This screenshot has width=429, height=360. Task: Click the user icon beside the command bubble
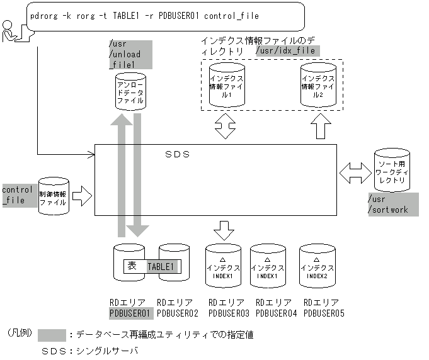12,31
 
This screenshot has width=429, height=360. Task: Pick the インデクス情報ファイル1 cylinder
226,86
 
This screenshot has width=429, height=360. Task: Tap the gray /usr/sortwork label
392,205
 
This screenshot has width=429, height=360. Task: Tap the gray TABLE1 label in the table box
163,267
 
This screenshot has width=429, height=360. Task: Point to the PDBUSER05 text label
323,312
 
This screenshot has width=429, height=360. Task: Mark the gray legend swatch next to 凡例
52,334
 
